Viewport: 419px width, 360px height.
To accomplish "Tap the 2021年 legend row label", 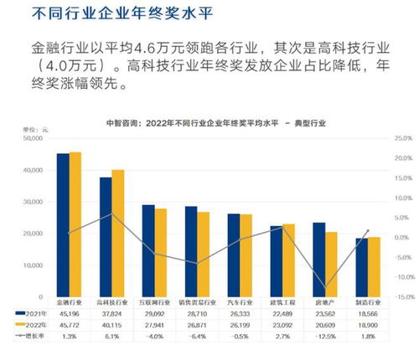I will pyautogui.click(x=32, y=312).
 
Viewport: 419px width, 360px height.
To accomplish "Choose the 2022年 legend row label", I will pyautogui.click(x=32, y=323).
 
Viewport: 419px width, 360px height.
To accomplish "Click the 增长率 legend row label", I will pyautogui.click(x=32, y=334).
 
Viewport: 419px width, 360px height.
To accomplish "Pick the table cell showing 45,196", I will pyautogui.click(x=69, y=312).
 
